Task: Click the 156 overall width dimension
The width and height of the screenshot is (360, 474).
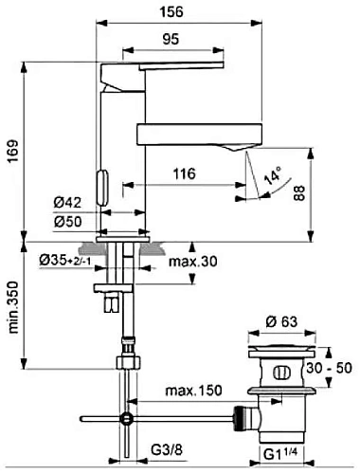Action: [x=171, y=12]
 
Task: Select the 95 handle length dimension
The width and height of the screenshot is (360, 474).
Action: [x=171, y=39]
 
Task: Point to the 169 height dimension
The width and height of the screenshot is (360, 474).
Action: [x=13, y=152]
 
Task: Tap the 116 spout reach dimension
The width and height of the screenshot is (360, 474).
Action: [x=184, y=173]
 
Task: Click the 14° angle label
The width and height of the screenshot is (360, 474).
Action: [x=273, y=175]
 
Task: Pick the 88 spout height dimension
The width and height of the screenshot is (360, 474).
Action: [x=299, y=193]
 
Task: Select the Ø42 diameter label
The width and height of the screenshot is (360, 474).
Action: [x=67, y=203]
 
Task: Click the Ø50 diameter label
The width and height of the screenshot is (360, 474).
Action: [x=67, y=222]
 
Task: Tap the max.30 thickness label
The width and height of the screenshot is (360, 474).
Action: [x=193, y=262]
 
